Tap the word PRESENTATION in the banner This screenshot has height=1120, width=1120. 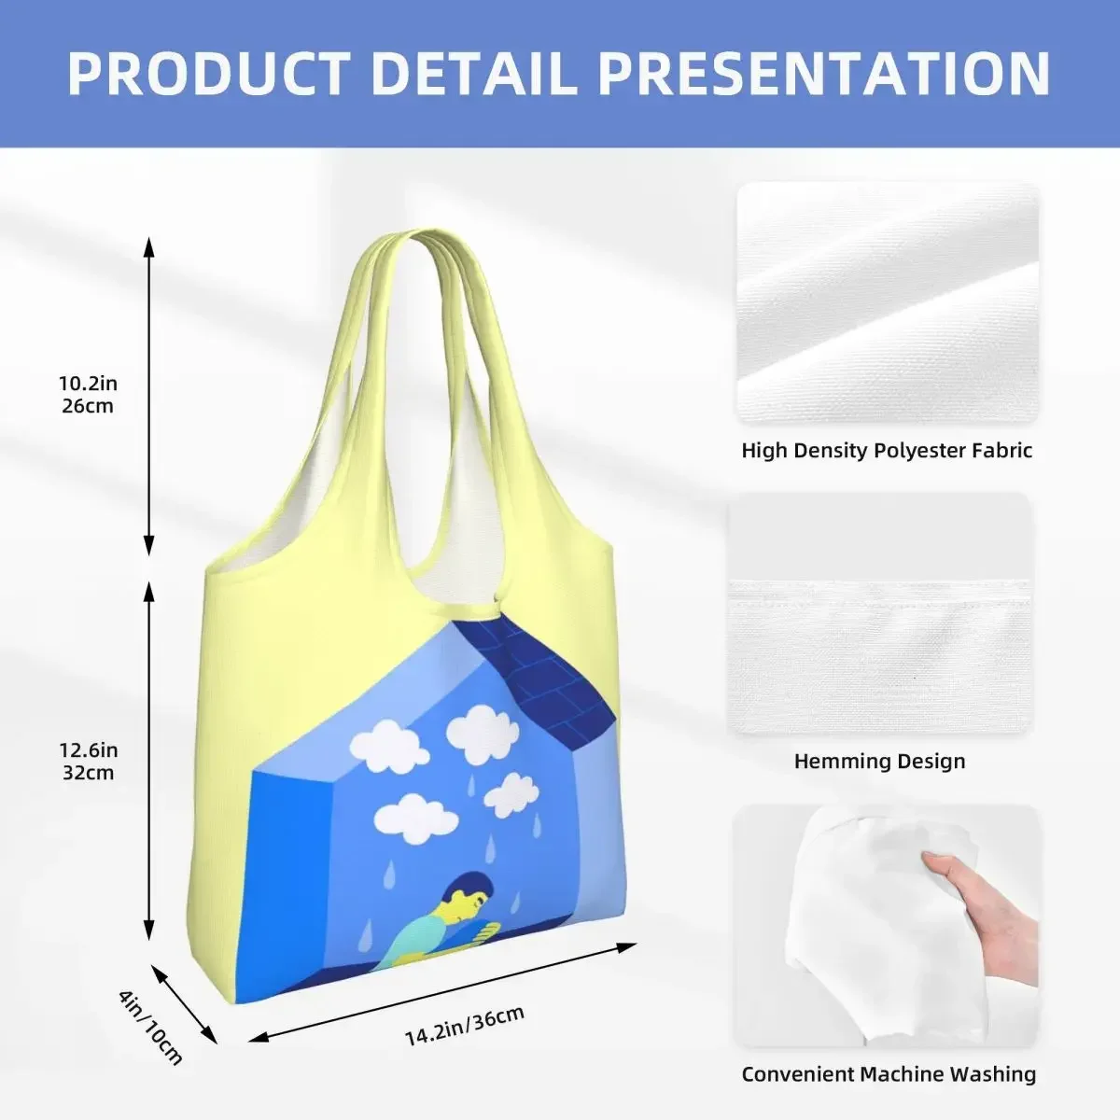[823, 74]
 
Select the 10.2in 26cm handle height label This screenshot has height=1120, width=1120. [88, 395]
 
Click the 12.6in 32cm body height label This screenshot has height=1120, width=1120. [88, 762]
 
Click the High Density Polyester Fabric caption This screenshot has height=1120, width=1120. [887, 451]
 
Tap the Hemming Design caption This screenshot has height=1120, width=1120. [879, 762]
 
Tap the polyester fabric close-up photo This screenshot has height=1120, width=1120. [888, 302]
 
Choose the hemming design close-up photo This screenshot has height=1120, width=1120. [880, 614]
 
